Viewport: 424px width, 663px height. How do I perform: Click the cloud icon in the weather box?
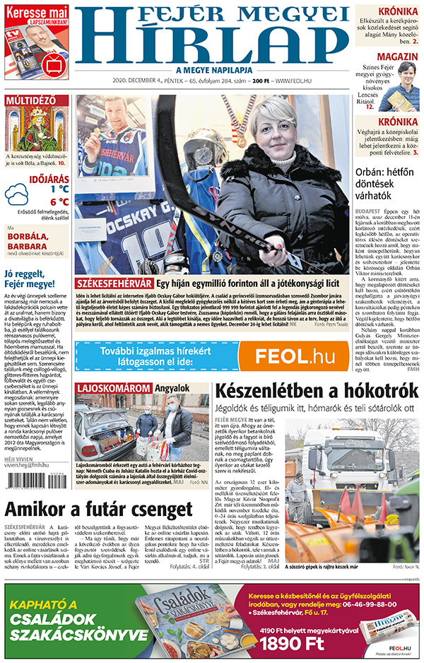point(18,194)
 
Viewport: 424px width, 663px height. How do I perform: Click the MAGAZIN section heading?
point(396,56)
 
